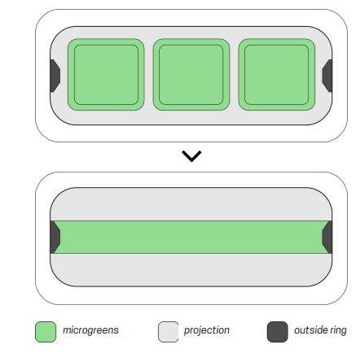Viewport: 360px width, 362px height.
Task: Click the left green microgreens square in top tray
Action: click(106, 75)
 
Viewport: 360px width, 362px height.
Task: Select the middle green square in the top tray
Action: click(191, 75)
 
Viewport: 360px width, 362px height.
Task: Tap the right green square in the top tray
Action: click(277, 75)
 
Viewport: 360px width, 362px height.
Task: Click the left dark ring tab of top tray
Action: click(55, 76)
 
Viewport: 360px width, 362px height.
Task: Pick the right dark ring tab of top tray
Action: click(327, 76)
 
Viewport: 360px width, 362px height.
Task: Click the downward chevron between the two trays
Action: click(191, 156)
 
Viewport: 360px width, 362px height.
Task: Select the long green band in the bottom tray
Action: click(191, 238)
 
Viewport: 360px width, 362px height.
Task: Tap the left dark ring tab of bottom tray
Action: click(55, 238)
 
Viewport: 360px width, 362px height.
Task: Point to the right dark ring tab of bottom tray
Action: click(327, 238)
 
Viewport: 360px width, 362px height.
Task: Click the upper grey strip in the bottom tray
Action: click(191, 204)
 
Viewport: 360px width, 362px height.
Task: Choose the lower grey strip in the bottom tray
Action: click(191, 270)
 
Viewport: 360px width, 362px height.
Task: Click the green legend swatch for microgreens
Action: click(46, 332)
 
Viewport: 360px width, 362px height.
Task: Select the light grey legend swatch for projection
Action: click(169, 332)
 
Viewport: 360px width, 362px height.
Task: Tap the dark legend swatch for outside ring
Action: click(278, 332)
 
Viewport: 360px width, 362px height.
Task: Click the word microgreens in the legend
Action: click(90, 330)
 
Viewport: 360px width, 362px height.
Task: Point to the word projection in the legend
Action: click(207, 330)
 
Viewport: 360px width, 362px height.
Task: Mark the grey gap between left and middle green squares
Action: click(149, 75)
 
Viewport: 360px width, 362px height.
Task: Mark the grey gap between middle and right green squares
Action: click(234, 75)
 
